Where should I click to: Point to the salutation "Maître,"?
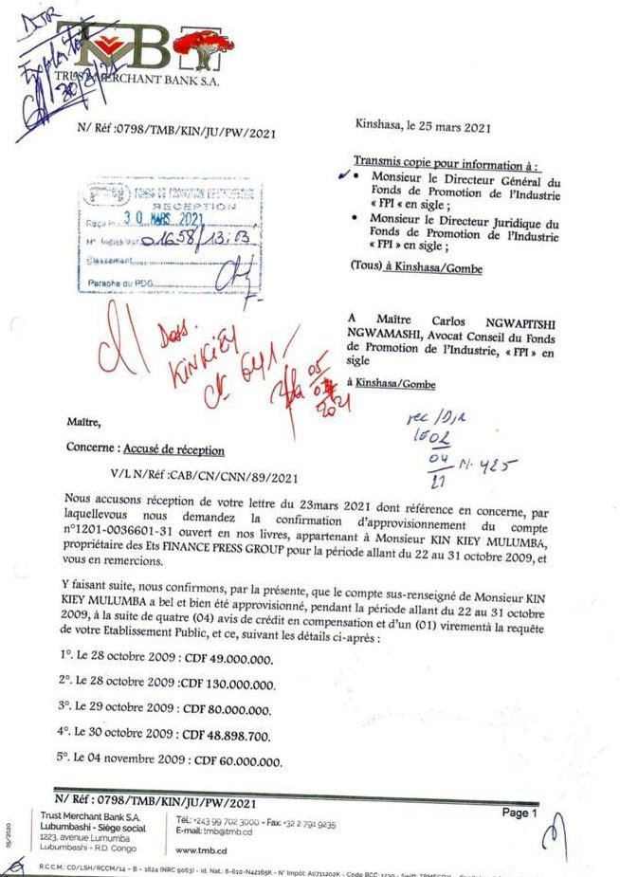click(x=83, y=420)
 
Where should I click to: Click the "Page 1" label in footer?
click(x=520, y=813)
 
